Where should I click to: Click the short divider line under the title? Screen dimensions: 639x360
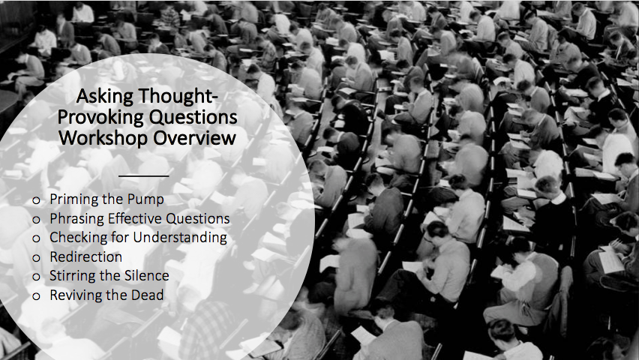(143, 176)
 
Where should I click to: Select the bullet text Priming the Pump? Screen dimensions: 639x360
(106, 199)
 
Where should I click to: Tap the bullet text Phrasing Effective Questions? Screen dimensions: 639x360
(139, 219)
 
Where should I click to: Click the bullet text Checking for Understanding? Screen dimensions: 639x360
(139, 238)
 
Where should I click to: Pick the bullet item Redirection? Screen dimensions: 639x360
(86, 256)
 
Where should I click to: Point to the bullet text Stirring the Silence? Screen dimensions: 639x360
(109, 276)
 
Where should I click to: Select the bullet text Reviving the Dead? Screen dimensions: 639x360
(106, 295)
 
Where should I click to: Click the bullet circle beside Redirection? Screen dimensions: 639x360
(36, 258)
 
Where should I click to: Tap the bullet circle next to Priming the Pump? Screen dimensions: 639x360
(36, 200)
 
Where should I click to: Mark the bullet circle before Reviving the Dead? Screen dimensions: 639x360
(36, 296)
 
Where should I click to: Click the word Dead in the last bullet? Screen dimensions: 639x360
(147, 295)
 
